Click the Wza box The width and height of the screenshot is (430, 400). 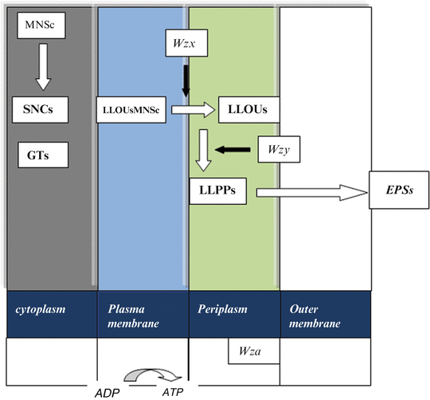pos(252,349)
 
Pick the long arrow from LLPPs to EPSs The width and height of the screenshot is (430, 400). pos(307,191)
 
